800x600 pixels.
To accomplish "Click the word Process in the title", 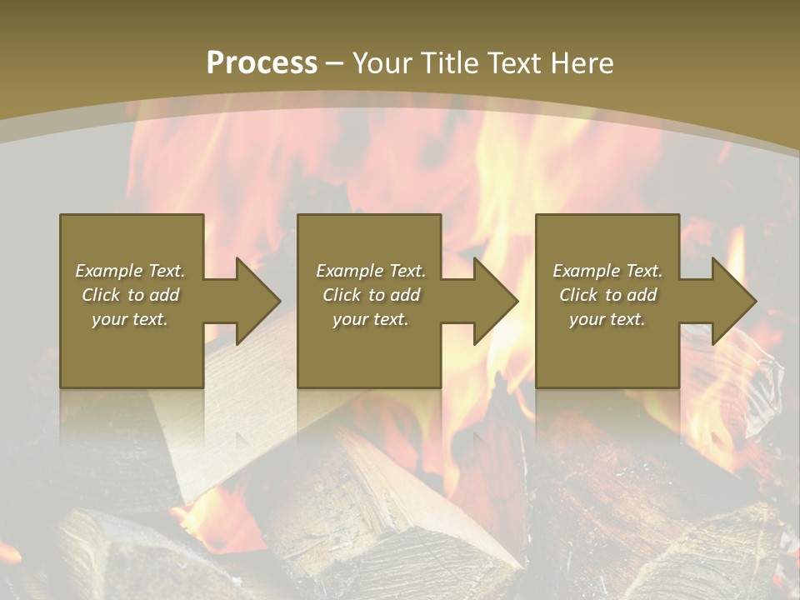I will tap(262, 62).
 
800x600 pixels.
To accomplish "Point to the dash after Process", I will tap(335, 64).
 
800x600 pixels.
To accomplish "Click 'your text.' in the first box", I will tap(130, 319).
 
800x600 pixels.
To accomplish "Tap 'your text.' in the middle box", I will tap(370, 319).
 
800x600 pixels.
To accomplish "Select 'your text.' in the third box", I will tap(607, 319).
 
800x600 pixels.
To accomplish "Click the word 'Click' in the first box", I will tap(101, 295).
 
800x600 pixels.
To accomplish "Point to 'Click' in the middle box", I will tap(342, 295).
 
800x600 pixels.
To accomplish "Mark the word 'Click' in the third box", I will tap(578, 295).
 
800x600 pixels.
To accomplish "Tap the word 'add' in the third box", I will tap(642, 295).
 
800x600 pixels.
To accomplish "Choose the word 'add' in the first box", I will tap(164, 295).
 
